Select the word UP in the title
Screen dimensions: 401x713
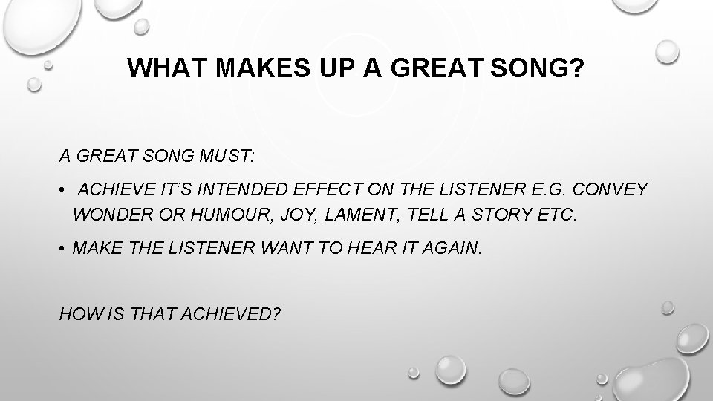[x=342, y=69]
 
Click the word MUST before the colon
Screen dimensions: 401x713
[x=225, y=157]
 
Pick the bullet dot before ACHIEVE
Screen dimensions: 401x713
[x=64, y=190]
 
